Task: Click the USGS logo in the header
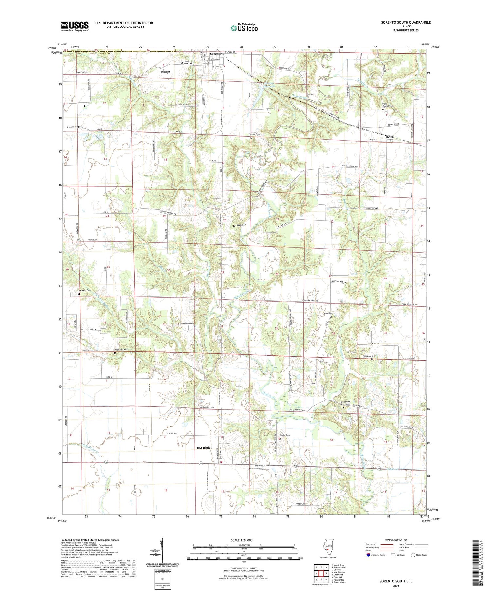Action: pos(75,26)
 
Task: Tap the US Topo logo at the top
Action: pos(244,28)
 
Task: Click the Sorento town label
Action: pos(216,53)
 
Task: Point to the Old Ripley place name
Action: pos(204,448)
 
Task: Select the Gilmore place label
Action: pos(73,127)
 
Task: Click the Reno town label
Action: pos(389,137)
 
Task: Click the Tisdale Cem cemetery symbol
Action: pos(251,138)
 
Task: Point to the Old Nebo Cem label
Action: pos(368,356)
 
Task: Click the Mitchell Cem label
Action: pos(121,350)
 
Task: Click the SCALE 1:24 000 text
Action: pos(244,540)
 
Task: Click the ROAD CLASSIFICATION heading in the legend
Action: pos(396,540)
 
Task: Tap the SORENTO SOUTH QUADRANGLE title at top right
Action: pos(406,22)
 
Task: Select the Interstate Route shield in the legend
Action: pos(369,555)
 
